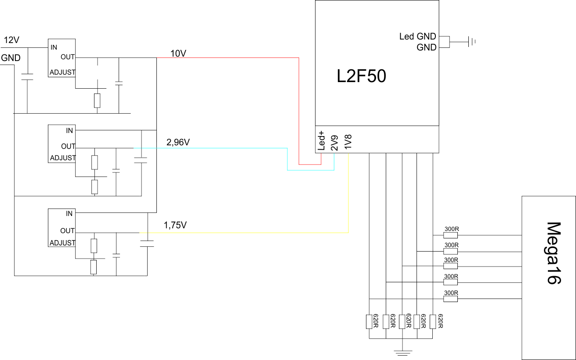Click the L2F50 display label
[x=361, y=76]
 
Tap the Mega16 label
[x=553, y=253]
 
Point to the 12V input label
[x=11, y=40]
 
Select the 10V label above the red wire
[x=178, y=54]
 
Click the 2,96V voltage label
[x=178, y=142]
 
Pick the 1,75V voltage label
[x=175, y=225]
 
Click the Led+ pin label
[x=322, y=140]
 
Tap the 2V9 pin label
[x=334, y=143]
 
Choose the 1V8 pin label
[x=348, y=141]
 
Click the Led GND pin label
[x=417, y=36]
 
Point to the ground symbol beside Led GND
[x=472, y=42]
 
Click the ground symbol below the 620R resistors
[x=403, y=353]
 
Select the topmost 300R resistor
[x=450, y=235]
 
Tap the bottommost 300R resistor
[x=450, y=299]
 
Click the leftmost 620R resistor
[x=369, y=322]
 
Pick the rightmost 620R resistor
[x=433, y=322]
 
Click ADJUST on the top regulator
[x=62, y=72]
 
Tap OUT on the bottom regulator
[x=67, y=231]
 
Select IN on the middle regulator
[x=69, y=130]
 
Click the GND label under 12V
[x=11, y=58]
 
